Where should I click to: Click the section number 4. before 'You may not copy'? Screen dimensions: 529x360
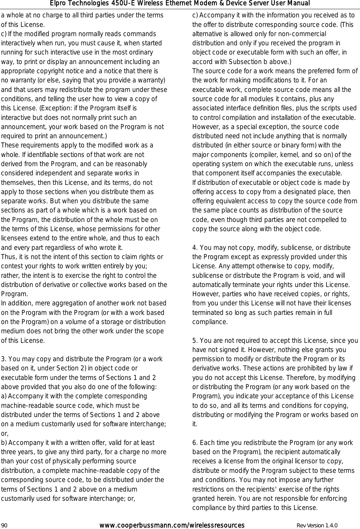(x=195, y=248)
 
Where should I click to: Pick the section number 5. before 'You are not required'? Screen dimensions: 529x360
(x=195, y=341)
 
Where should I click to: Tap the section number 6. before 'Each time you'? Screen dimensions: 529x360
(x=195, y=443)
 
